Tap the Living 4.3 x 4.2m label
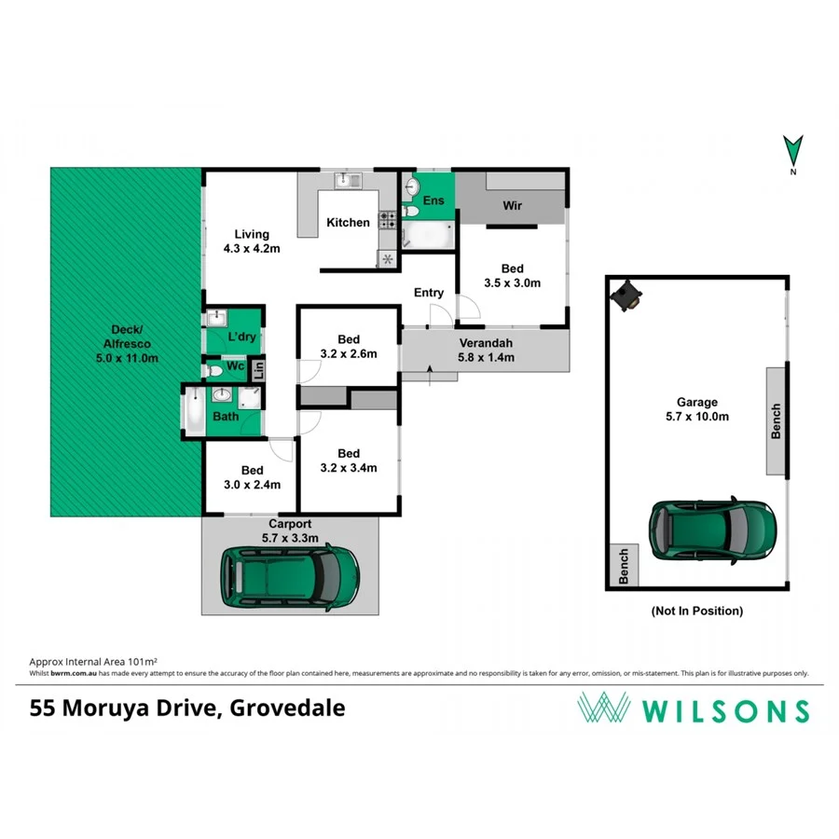[x=252, y=241]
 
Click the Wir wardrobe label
[x=512, y=206]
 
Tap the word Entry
[x=429, y=293]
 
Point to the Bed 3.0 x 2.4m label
[x=252, y=477]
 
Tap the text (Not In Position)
[x=696, y=612]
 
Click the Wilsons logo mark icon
[x=602, y=709]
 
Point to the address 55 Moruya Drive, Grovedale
[x=186, y=708]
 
